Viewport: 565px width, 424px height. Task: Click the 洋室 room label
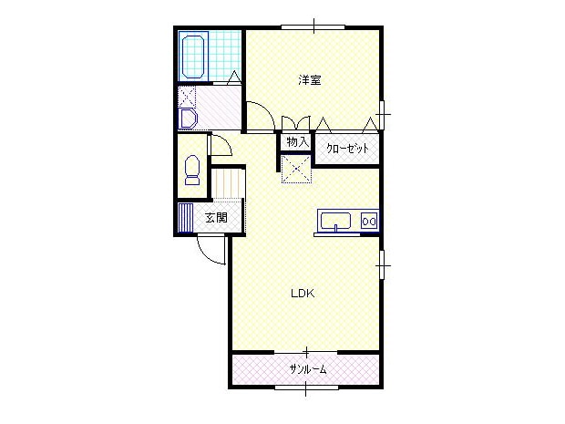(x=310, y=79)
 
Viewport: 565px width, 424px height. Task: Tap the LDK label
(x=303, y=294)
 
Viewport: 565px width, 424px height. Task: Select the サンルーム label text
(x=308, y=369)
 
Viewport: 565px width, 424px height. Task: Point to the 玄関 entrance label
(x=216, y=218)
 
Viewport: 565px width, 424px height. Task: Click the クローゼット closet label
(x=347, y=149)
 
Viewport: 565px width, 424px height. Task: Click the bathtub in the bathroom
(x=194, y=57)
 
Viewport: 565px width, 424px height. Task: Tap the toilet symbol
(x=192, y=171)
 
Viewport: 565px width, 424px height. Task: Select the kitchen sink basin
(x=336, y=221)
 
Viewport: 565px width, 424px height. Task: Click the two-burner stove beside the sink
(x=369, y=221)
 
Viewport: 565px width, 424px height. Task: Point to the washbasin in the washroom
(x=188, y=119)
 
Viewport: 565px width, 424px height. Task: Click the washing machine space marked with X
(x=188, y=97)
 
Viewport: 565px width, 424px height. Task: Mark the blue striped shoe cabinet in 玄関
(x=186, y=218)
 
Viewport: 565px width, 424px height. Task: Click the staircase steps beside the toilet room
(x=228, y=184)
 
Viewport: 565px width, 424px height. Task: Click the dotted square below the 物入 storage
(x=296, y=169)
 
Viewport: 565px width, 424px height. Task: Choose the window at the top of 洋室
(x=313, y=26)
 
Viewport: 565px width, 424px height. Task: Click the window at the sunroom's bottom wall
(x=306, y=388)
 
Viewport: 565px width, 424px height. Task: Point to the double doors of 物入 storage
(x=296, y=123)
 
